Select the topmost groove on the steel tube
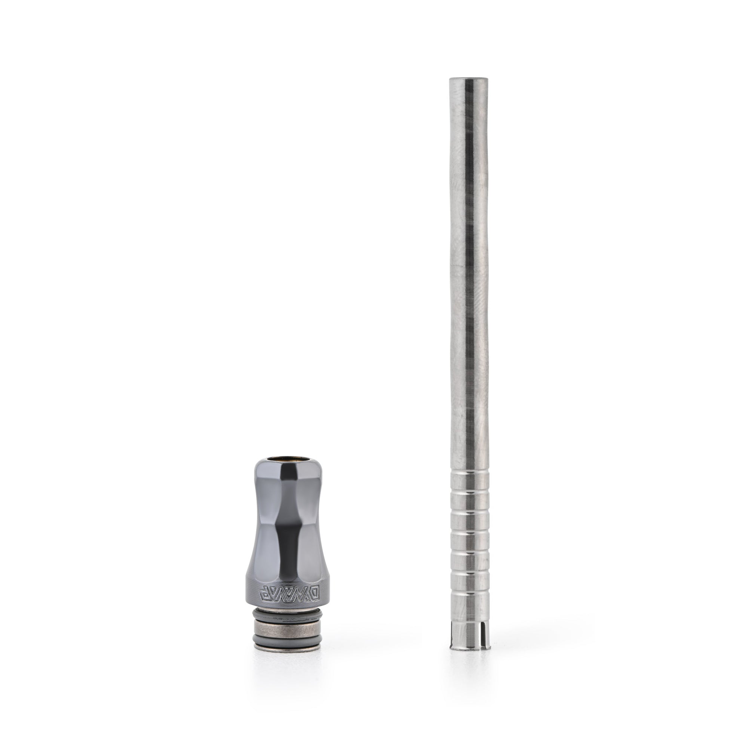(x=469, y=473)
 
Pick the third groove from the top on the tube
(x=469, y=510)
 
